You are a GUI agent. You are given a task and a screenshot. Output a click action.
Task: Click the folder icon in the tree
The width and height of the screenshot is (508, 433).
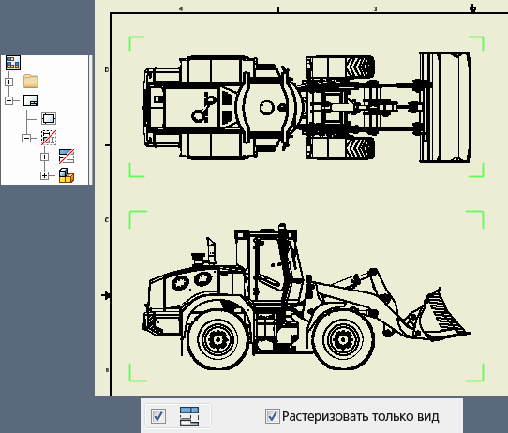click(x=31, y=82)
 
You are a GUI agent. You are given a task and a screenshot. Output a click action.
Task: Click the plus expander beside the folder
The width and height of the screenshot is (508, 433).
click(x=9, y=82)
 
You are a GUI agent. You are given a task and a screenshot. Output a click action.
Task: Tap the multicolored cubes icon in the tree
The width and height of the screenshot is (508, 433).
click(x=67, y=175)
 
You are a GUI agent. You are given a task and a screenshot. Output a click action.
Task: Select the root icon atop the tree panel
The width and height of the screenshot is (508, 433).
click(x=13, y=63)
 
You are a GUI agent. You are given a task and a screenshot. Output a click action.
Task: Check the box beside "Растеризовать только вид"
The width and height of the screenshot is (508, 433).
click(x=273, y=416)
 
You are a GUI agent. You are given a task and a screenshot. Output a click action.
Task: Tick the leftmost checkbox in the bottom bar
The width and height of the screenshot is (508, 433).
click(x=158, y=416)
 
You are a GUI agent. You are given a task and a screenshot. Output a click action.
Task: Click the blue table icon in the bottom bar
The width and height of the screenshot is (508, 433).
click(x=189, y=416)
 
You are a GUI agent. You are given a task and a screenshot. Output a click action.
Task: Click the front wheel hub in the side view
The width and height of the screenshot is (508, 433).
click(x=343, y=340)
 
